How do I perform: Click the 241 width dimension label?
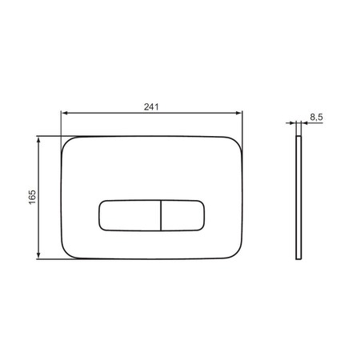[x=151, y=107]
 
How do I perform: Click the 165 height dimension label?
[x=32, y=197]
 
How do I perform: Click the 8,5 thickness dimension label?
[x=316, y=117]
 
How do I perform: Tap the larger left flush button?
[x=130, y=215]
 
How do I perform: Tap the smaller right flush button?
[x=183, y=215]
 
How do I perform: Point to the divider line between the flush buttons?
[x=162, y=215]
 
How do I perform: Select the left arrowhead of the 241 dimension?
[x=64, y=113]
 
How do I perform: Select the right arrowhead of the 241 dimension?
[x=239, y=113]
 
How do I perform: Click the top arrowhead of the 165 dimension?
[x=38, y=140]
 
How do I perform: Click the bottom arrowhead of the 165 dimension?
[x=38, y=255]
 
